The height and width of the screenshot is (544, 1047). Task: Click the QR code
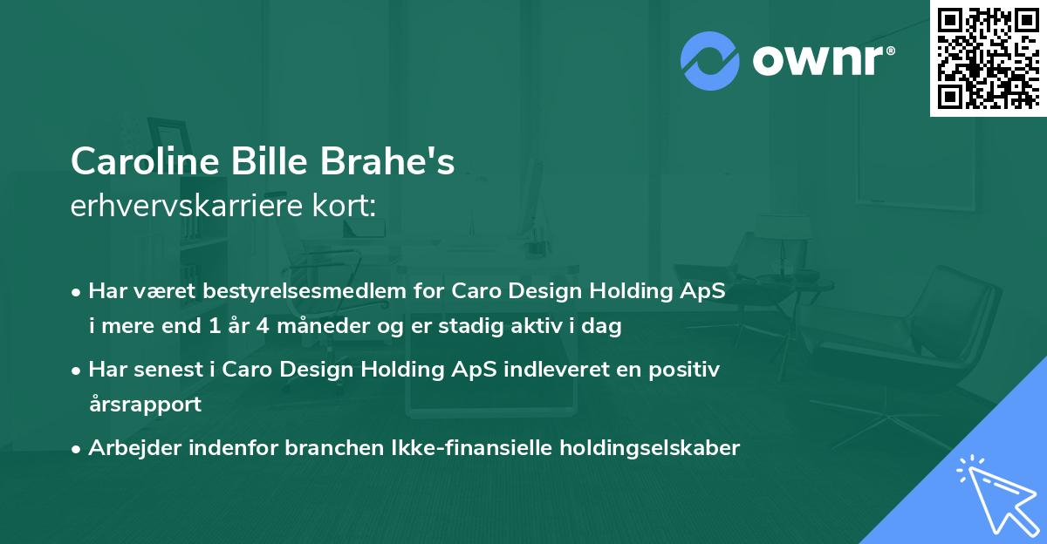coord(989,58)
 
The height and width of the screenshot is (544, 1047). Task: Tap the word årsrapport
coord(145,405)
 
